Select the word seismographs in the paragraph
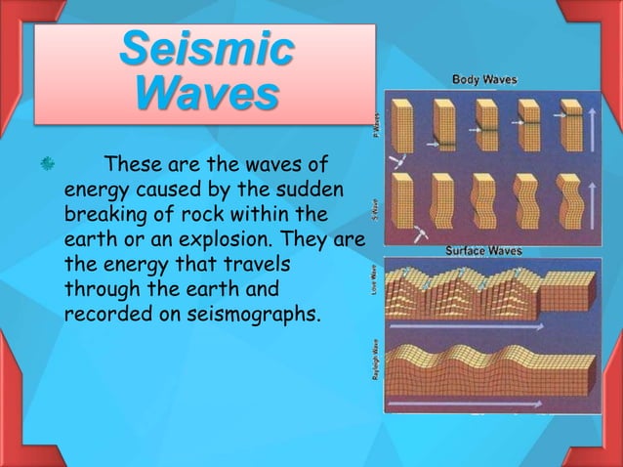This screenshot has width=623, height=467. (x=243, y=316)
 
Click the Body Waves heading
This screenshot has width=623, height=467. (x=484, y=79)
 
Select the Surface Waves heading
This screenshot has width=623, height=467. (x=483, y=251)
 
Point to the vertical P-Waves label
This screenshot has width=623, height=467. (x=376, y=125)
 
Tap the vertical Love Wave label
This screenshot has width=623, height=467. (x=375, y=281)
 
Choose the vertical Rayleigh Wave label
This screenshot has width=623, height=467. (x=375, y=359)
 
